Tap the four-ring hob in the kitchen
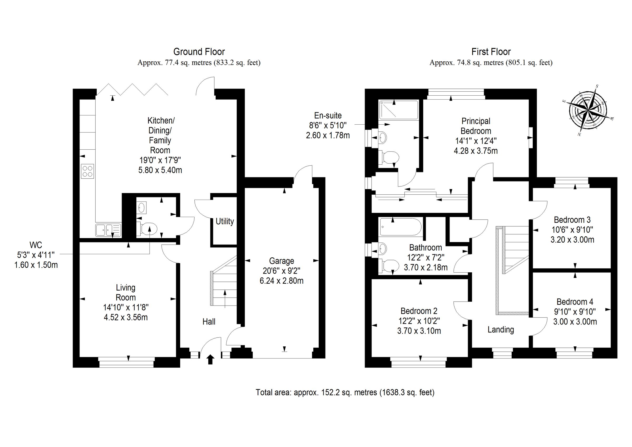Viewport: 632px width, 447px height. [x=88, y=171]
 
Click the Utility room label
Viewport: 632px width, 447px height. [x=225, y=222]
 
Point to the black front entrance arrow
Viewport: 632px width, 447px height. [x=210, y=360]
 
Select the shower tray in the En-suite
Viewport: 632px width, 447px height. [x=399, y=110]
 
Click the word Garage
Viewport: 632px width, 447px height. [x=281, y=261]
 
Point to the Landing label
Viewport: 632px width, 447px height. [x=500, y=330]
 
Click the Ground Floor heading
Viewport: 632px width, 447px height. [x=199, y=52]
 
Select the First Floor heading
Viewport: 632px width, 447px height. [x=491, y=52]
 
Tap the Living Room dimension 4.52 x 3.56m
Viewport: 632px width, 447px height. [x=126, y=318]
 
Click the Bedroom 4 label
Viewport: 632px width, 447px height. [x=575, y=302]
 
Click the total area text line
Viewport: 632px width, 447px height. [x=345, y=392]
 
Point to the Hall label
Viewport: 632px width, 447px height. [x=209, y=322]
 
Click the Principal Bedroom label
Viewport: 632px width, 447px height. [x=476, y=126]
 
